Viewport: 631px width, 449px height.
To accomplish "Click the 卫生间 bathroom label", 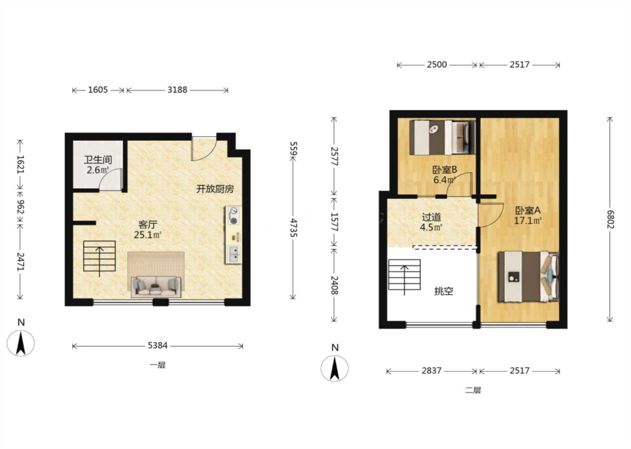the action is pos(98,160).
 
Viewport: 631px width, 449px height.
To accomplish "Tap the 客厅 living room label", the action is pos(148,224).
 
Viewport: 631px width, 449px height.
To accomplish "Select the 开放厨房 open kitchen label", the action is pos(215,189).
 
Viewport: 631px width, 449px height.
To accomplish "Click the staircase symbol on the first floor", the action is pos(99,256).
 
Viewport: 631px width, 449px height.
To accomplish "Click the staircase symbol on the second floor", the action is pos(404,275).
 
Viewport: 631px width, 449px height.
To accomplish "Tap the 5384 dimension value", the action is pos(157,346).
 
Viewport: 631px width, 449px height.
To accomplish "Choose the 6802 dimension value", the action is pos(610,219).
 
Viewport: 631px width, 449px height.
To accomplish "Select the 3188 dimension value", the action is pos(177,90).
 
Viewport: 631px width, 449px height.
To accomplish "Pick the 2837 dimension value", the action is pos(431,371).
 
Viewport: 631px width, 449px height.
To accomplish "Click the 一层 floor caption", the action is pos(157,365).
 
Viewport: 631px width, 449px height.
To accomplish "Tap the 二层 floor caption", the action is pos(473,390).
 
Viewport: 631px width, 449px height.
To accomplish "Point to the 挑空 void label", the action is pos(443,291).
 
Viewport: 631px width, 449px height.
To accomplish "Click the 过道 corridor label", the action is pos(431,217).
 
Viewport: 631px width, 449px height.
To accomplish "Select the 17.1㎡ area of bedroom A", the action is pos(528,221).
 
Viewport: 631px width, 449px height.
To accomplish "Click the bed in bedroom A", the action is pos(528,277).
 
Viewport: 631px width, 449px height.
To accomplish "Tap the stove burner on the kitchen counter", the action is pos(233,221).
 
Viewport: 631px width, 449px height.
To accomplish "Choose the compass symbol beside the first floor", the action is pos(21,343).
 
